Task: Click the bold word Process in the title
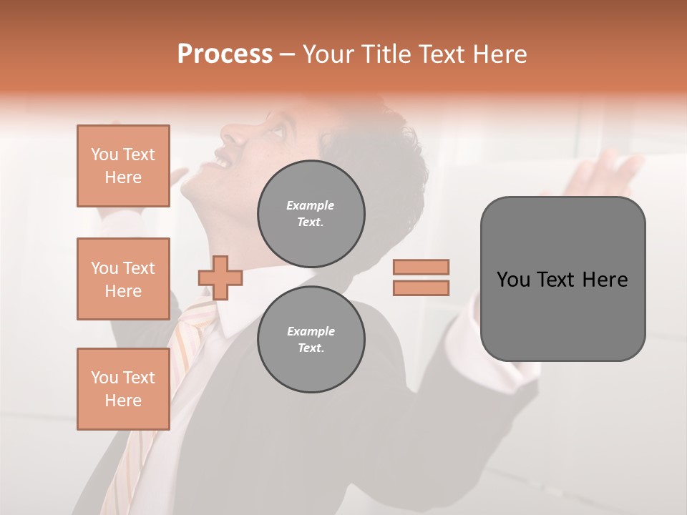225,54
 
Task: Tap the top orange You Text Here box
123,166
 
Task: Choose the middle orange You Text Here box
123,279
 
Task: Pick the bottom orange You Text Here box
123,389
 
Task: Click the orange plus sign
220,278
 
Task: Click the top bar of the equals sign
421,267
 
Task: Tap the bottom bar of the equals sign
421,288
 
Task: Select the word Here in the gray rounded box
605,280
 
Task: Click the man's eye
276,133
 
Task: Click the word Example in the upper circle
311,205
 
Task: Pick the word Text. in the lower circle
311,348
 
